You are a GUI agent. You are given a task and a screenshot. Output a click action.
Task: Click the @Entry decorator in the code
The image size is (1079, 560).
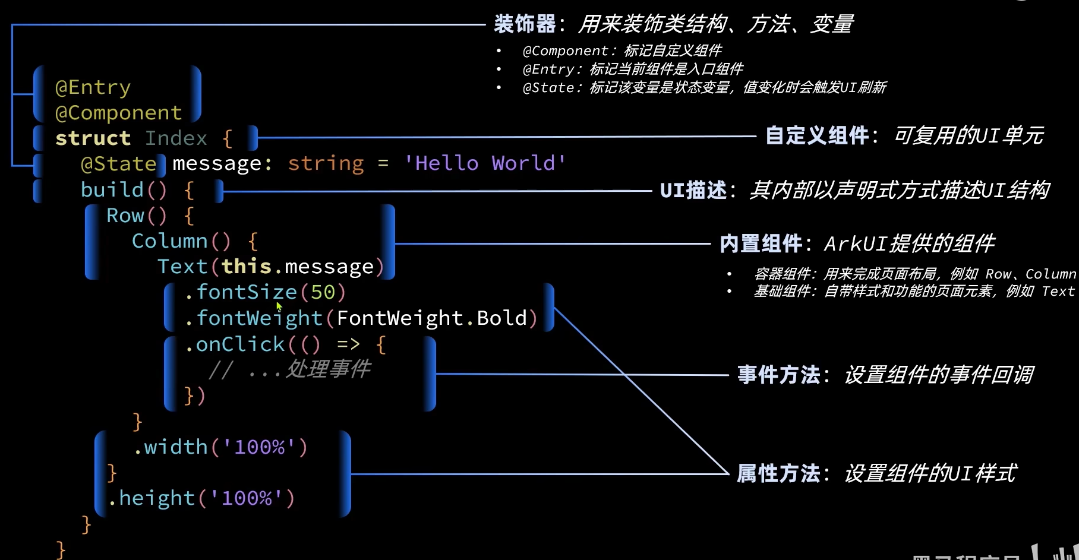point(93,88)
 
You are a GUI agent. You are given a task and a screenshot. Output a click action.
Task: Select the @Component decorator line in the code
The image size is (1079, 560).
point(118,113)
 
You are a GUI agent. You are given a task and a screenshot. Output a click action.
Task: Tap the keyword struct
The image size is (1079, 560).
point(93,138)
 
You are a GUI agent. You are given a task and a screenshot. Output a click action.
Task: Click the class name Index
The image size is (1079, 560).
point(176,138)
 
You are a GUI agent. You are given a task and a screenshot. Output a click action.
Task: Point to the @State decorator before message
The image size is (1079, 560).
point(118,164)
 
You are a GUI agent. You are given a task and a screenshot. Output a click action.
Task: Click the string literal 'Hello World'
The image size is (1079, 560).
point(484,163)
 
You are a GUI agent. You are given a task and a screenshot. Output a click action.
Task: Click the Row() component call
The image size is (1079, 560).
point(136,216)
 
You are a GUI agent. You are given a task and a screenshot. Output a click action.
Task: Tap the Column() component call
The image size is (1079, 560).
point(181,241)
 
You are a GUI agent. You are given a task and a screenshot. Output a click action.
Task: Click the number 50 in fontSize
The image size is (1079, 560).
point(323,292)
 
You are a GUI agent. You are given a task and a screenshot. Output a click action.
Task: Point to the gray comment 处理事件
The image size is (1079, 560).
point(328,369)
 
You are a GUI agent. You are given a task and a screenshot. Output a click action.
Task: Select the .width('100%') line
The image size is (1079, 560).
point(220,447)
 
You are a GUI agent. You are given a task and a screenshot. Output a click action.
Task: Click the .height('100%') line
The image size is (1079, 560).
point(201,498)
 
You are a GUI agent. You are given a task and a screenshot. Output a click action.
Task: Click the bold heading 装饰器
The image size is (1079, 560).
point(525,24)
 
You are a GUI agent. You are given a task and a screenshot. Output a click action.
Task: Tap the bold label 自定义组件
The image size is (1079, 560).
point(816,136)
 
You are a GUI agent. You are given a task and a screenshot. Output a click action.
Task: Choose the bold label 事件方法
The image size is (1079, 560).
point(778,375)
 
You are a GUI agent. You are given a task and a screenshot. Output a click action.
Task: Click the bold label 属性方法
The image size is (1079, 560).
point(778,474)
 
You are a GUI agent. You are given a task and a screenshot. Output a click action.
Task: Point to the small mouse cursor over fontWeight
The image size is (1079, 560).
point(279,306)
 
